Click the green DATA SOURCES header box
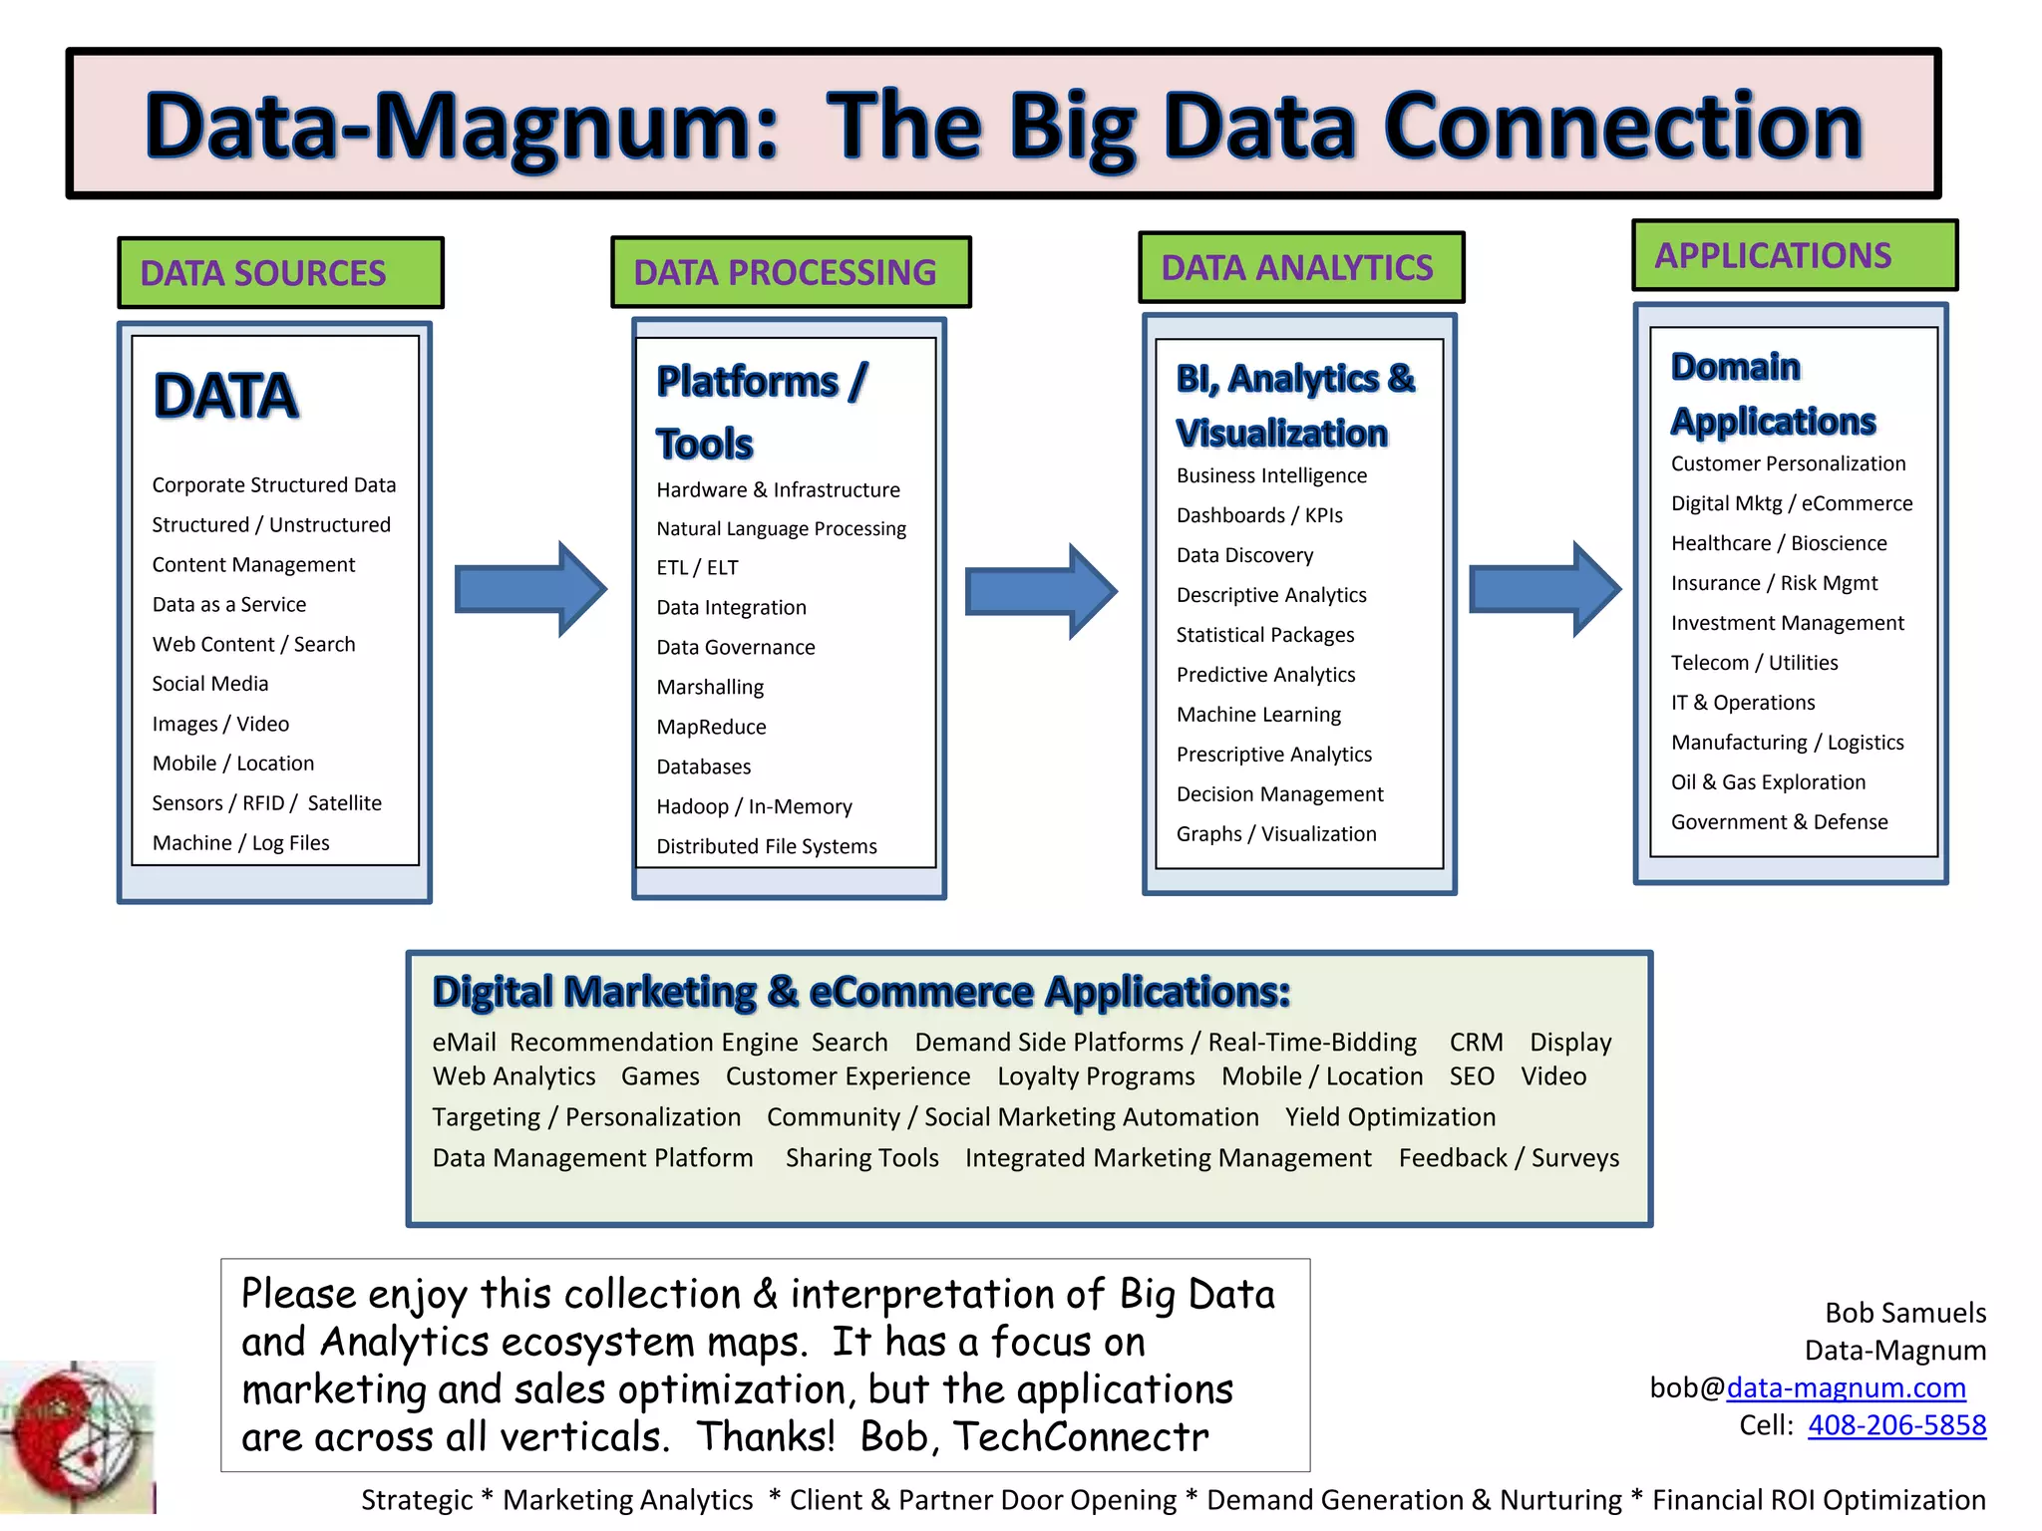pyautogui.click(x=280, y=272)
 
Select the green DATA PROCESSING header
pyautogui.click(x=790, y=272)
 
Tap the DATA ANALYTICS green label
pyautogui.click(x=1300, y=267)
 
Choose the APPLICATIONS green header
pyautogui.click(x=1794, y=255)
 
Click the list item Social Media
pyautogui.click(x=210, y=684)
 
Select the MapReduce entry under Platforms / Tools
pyautogui.click(x=711, y=728)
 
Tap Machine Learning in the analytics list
pyautogui.click(x=1258, y=715)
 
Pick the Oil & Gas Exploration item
pyautogui.click(x=1768, y=782)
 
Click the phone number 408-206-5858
pyautogui.click(x=1896, y=1425)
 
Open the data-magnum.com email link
pyautogui.click(x=1846, y=1387)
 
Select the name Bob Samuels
pyautogui.click(x=1904, y=1313)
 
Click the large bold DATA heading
pyautogui.click(x=226, y=396)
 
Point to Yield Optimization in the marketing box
pyautogui.click(x=1390, y=1117)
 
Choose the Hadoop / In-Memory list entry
pyautogui.click(x=754, y=806)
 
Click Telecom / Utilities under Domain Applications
pyautogui.click(x=1754, y=663)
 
